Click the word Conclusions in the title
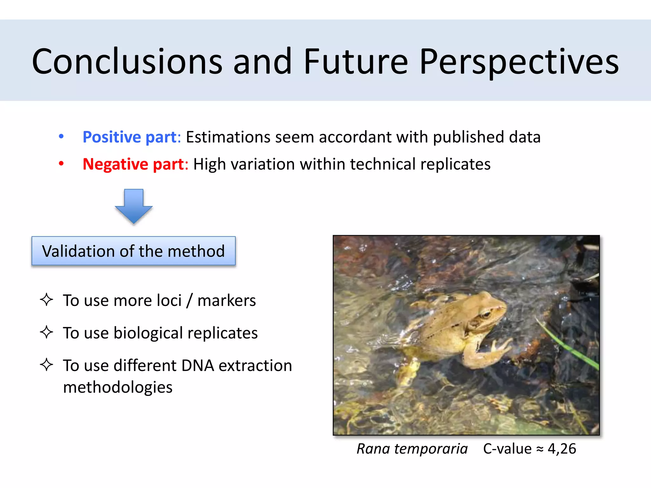pos(127,61)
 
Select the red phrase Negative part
pos(133,164)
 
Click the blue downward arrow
pos(134,206)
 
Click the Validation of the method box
pos(134,251)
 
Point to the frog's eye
pos(485,315)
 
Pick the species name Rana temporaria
pos(412,449)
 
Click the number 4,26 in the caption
pos(562,449)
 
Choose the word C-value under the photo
pos(507,449)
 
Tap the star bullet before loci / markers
pos(46,300)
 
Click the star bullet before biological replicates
pos(46,332)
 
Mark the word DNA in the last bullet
pos(198,365)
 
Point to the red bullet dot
pos(61,164)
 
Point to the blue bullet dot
pos(61,137)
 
